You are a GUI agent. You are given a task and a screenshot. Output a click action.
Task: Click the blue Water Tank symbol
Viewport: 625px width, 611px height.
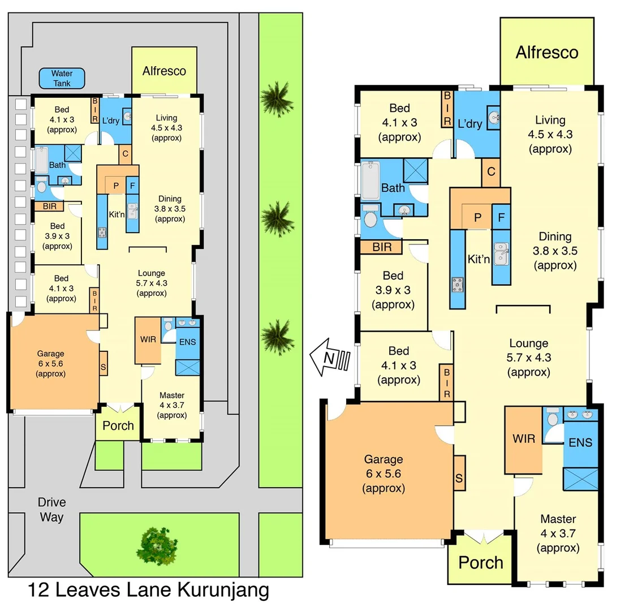click(x=62, y=79)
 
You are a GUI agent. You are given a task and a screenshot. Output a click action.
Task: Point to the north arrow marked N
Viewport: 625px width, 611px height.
click(x=331, y=358)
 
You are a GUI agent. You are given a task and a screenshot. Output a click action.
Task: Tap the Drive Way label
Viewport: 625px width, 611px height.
click(x=52, y=509)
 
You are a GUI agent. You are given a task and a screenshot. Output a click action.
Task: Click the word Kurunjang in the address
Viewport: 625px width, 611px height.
click(x=223, y=591)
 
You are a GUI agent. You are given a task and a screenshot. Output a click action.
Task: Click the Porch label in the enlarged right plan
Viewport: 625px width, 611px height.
click(x=480, y=562)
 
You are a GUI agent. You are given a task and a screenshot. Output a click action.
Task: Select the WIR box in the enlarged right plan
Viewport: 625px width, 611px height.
click(x=524, y=439)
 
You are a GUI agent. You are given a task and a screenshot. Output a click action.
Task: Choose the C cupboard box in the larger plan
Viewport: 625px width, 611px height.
click(x=491, y=172)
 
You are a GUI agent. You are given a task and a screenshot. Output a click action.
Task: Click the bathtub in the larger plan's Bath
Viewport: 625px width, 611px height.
click(x=372, y=179)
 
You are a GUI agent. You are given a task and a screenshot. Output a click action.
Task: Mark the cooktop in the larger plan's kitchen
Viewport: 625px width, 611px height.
click(x=457, y=285)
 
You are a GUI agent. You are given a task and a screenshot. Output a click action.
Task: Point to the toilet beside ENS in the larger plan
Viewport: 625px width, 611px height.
click(x=553, y=417)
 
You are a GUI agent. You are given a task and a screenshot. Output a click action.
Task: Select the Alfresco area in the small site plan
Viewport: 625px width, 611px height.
click(x=164, y=71)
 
